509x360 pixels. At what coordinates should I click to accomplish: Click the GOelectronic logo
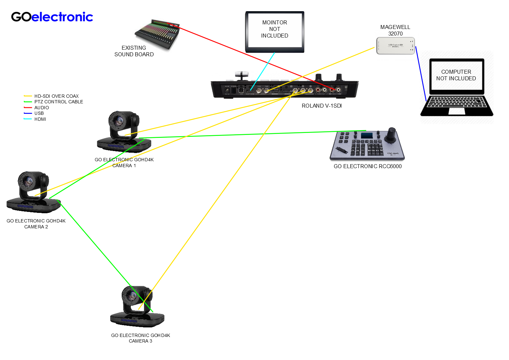[52, 17]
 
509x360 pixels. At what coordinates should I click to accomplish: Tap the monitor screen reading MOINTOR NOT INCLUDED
[275, 30]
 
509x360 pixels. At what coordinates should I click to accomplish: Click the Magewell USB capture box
[395, 45]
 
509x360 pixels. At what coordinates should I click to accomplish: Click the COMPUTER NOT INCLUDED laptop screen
[456, 75]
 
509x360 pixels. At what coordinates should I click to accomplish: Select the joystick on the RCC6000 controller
[391, 135]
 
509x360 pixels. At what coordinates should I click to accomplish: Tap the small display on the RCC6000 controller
[367, 135]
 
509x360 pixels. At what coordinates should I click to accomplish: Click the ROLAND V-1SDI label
[322, 106]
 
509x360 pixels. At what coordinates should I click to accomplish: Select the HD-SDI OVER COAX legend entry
[56, 96]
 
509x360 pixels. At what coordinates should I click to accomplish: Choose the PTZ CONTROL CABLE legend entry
[59, 102]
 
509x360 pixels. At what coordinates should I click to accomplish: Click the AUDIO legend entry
[41, 108]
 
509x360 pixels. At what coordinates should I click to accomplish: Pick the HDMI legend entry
[40, 119]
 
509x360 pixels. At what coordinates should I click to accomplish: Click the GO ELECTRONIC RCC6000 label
[368, 166]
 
